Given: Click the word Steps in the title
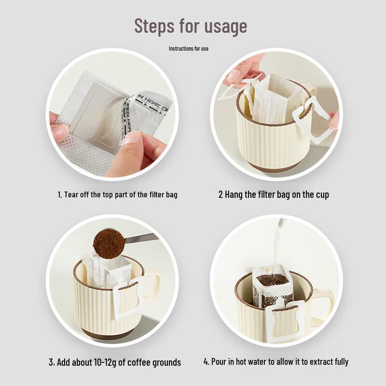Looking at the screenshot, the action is click(154, 26).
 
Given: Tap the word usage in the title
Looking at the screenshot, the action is click(226, 27).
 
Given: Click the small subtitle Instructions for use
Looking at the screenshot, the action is click(189, 49).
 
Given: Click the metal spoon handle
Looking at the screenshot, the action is click(141, 238).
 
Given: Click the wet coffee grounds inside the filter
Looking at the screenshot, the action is click(273, 280).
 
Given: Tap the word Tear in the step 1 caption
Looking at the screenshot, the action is click(71, 194).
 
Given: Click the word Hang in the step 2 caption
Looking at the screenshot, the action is click(234, 194).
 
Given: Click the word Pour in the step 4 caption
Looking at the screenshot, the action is click(219, 361).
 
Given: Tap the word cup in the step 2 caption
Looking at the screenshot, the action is click(322, 195).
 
